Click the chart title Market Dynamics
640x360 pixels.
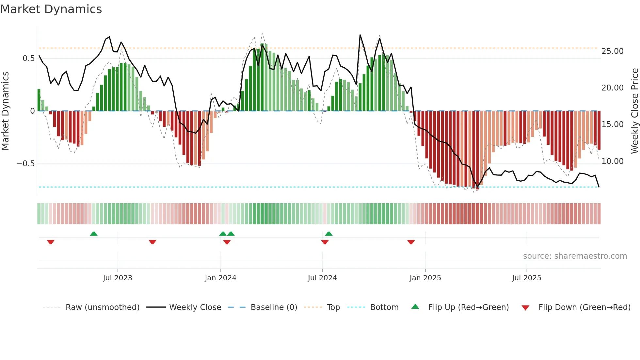click(51, 9)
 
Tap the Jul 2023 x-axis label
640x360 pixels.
click(118, 278)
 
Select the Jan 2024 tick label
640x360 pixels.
click(220, 278)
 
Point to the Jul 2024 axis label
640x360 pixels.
click(322, 278)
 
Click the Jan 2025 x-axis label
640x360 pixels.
click(425, 278)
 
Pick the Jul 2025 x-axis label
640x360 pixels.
click(526, 278)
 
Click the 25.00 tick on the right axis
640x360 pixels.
click(613, 51)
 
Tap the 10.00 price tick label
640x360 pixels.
click(613, 161)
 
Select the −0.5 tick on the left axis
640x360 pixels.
click(25, 164)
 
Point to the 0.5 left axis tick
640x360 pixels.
click(28, 58)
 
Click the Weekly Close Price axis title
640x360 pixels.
click(634, 111)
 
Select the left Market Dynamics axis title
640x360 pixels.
click(5, 111)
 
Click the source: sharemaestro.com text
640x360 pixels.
click(575, 256)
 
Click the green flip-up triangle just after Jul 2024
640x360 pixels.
click(329, 234)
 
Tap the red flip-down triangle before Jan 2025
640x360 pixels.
click(411, 242)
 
